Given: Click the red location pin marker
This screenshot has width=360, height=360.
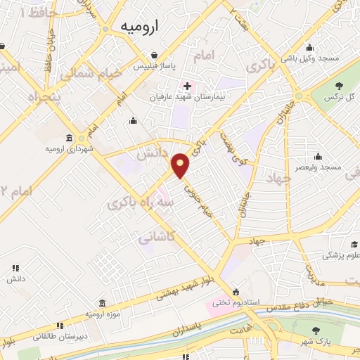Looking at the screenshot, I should click(181, 165).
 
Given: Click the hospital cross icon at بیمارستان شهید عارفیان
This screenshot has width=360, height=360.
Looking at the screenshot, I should click(186, 85).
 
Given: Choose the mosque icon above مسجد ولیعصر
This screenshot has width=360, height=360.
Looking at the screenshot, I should click(321, 155).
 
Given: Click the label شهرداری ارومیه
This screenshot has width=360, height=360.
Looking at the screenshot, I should click(70, 149).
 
